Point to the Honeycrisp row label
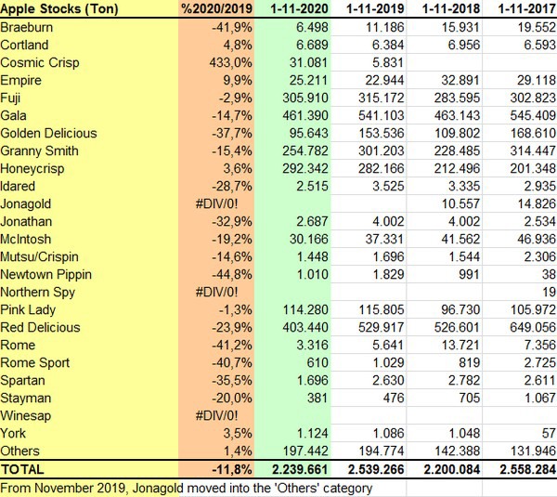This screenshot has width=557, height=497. (x=35, y=168)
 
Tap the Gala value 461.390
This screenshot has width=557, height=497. (x=301, y=115)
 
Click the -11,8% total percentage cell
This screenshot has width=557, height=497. (x=233, y=469)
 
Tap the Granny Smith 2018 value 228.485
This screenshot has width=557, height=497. (x=452, y=150)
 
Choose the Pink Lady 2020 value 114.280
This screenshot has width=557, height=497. (x=301, y=309)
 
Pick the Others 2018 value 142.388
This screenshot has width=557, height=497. (x=452, y=451)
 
